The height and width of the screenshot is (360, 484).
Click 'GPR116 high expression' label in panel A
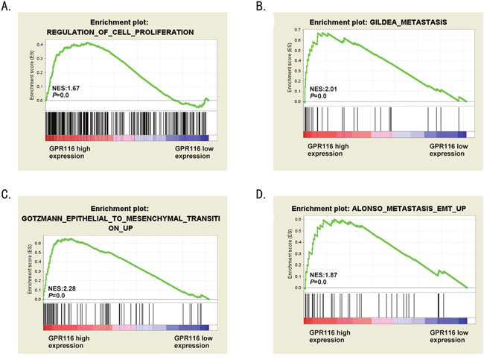point(68,153)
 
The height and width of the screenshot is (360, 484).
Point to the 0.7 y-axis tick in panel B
point(297,31)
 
